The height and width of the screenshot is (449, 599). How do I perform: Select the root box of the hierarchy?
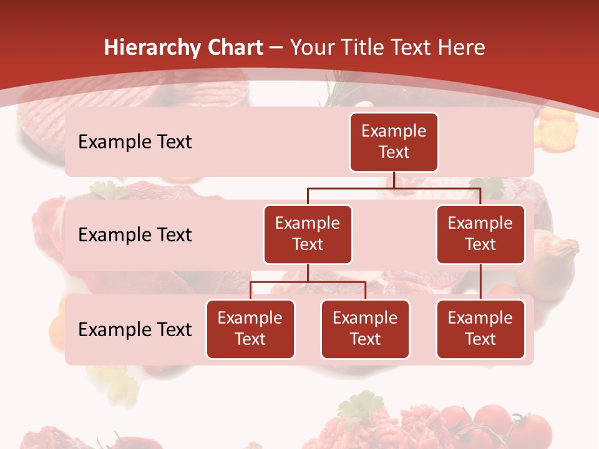click(x=394, y=142)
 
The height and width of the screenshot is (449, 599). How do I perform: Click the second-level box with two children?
click(x=308, y=234)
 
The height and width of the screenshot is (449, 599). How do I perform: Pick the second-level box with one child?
click(x=480, y=234)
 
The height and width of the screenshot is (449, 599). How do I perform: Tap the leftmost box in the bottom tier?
click(x=250, y=329)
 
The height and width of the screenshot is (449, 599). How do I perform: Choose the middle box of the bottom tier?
click(x=365, y=329)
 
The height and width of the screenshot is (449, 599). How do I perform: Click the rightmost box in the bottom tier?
click(x=480, y=329)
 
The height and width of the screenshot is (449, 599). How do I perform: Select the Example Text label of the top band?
click(x=135, y=142)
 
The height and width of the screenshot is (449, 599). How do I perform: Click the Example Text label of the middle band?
click(x=135, y=235)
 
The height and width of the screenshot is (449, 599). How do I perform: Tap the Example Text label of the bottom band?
click(x=135, y=329)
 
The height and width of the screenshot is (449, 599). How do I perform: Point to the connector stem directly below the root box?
click(x=394, y=180)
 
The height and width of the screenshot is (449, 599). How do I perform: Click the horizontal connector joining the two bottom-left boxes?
click(x=308, y=282)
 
